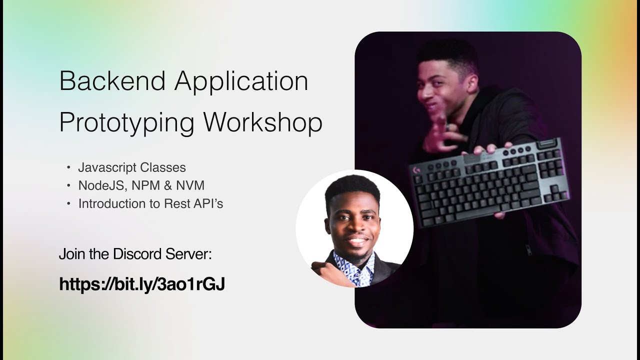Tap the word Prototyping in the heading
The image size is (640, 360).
click(126, 123)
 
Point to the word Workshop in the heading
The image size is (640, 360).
click(264, 123)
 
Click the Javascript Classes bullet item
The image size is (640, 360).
click(132, 167)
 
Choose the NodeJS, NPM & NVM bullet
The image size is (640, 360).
click(141, 185)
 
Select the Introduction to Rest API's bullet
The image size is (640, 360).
click(150, 203)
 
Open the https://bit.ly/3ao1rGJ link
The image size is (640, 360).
click(142, 284)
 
